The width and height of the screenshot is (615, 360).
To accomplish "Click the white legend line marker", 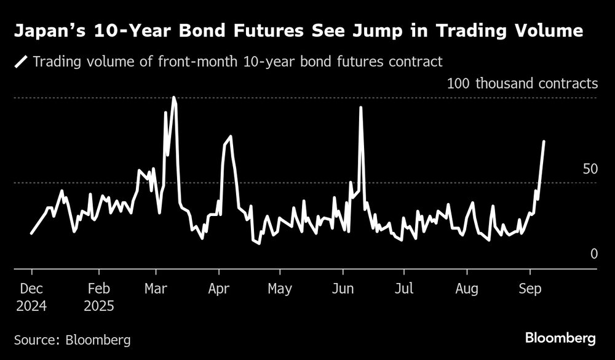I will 22,62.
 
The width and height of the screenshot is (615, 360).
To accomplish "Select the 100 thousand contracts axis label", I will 522,83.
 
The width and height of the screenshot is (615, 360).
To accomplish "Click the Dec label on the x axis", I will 31,289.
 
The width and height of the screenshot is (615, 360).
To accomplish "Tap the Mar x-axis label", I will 156,289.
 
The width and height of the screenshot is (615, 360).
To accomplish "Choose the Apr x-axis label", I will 219,289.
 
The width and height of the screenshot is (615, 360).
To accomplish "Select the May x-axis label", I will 280,289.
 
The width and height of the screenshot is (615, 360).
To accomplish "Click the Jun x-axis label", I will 343,289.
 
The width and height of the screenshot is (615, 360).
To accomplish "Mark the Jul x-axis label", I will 403,289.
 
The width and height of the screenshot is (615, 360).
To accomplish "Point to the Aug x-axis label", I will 467,289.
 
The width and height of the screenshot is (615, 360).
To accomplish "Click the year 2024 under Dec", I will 31,306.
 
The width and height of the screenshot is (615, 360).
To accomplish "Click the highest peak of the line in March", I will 174,97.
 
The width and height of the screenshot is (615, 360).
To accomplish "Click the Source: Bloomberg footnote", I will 72,339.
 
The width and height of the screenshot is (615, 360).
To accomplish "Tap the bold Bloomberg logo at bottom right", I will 560,338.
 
